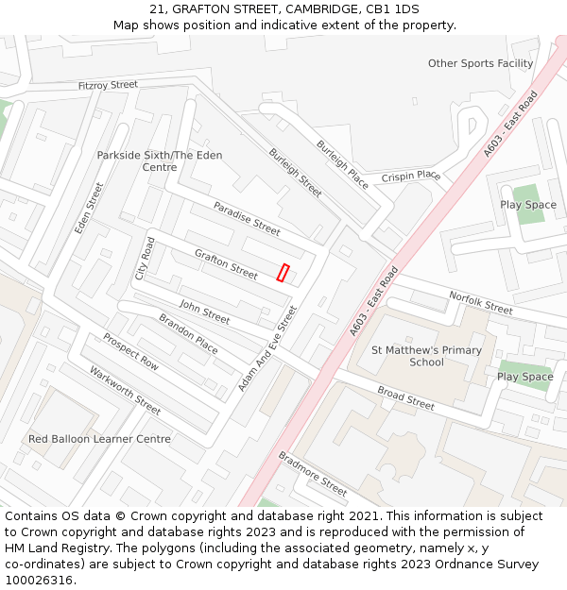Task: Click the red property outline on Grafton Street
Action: [x=283, y=272]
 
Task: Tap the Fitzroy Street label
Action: [x=108, y=85]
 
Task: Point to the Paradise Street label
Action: [x=247, y=218]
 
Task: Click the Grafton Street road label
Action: [x=226, y=264]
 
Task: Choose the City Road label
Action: [x=145, y=258]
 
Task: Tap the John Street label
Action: [x=204, y=312]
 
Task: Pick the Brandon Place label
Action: [x=188, y=334]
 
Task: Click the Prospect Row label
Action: [x=130, y=351]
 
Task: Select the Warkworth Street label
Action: [x=125, y=390]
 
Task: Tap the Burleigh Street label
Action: [x=295, y=172]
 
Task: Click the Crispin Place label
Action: [x=411, y=177]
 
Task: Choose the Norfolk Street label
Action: [x=481, y=302]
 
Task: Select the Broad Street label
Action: [x=405, y=397]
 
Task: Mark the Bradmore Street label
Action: [x=312, y=473]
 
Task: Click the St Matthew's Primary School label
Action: [x=426, y=356]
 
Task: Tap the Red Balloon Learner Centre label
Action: [x=100, y=439]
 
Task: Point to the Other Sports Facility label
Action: [x=480, y=63]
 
